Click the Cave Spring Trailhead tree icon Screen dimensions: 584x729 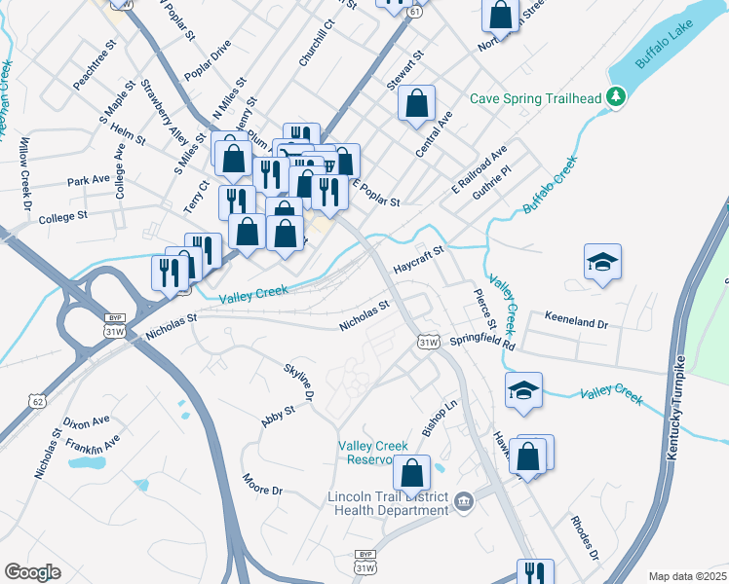[615, 96]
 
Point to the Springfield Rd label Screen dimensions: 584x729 [482, 343]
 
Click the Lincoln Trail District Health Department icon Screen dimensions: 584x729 [464, 502]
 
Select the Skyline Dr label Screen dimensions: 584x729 [299, 382]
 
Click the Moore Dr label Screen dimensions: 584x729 [261, 484]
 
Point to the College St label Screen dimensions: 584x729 [63, 217]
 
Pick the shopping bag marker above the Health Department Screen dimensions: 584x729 [412, 473]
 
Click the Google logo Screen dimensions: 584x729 [32, 572]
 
